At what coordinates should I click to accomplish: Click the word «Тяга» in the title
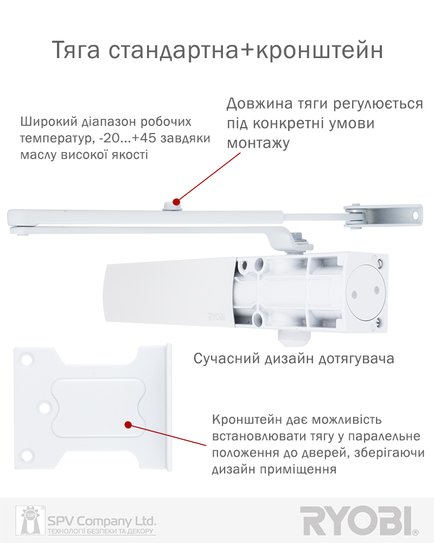76,50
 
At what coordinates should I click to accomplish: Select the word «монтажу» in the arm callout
258,143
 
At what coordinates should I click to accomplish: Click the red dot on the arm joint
176,201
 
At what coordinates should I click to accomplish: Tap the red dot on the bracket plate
128,425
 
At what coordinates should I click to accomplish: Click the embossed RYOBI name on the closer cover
216,316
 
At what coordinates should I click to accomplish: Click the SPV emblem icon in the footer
30,520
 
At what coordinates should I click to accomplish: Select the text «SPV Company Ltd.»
102,521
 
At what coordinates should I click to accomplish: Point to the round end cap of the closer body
366,292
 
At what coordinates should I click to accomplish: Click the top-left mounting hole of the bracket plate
26,359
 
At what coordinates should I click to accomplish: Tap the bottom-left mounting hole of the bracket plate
27,454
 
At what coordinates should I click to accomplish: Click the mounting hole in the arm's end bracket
416,216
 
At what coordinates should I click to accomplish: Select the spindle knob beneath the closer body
293,338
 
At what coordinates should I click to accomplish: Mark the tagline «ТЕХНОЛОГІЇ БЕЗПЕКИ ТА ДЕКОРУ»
100,531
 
